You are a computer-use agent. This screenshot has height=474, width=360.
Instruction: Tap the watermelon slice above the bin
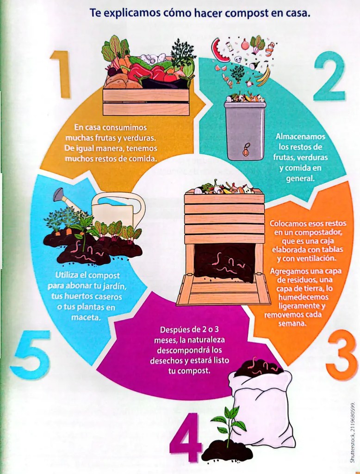[220, 50]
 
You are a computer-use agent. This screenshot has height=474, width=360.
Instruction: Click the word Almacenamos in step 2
[300, 137]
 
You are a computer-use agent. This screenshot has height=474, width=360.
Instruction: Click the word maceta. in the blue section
[86, 318]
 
